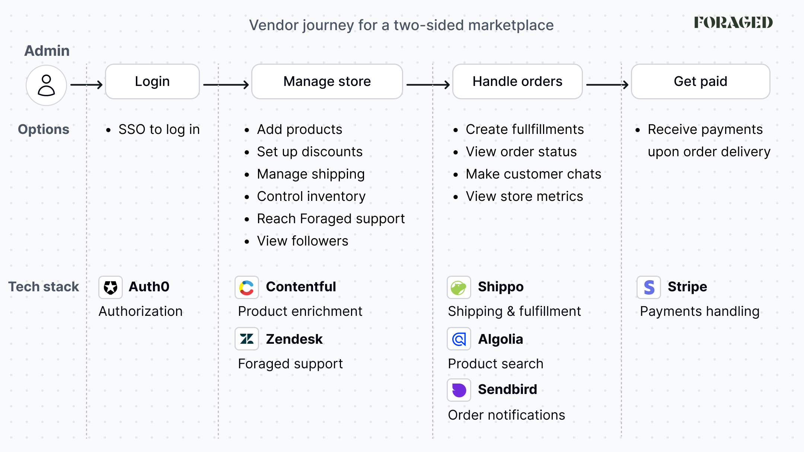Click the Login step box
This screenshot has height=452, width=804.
[152, 81]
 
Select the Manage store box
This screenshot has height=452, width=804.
[327, 81]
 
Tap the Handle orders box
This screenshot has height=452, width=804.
[517, 81]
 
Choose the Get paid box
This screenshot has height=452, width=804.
[701, 81]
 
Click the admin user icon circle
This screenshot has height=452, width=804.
[46, 85]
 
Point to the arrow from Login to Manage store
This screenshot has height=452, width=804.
[226, 85]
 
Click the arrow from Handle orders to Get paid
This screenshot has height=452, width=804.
[607, 85]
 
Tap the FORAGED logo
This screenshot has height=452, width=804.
[733, 22]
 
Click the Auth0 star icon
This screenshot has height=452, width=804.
[111, 287]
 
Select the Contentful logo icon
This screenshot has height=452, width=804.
[247, 287]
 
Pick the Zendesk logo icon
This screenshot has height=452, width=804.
[247, 339]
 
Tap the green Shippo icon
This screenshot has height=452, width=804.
[459, 287]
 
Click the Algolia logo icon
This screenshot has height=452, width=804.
[459, 339]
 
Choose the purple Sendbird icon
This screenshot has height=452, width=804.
[459, 390]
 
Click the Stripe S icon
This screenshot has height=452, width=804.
[649, 287]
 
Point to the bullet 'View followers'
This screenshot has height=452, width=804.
[303, 241]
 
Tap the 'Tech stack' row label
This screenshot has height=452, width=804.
[44, 287]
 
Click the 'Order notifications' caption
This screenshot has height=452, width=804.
[506, 415]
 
